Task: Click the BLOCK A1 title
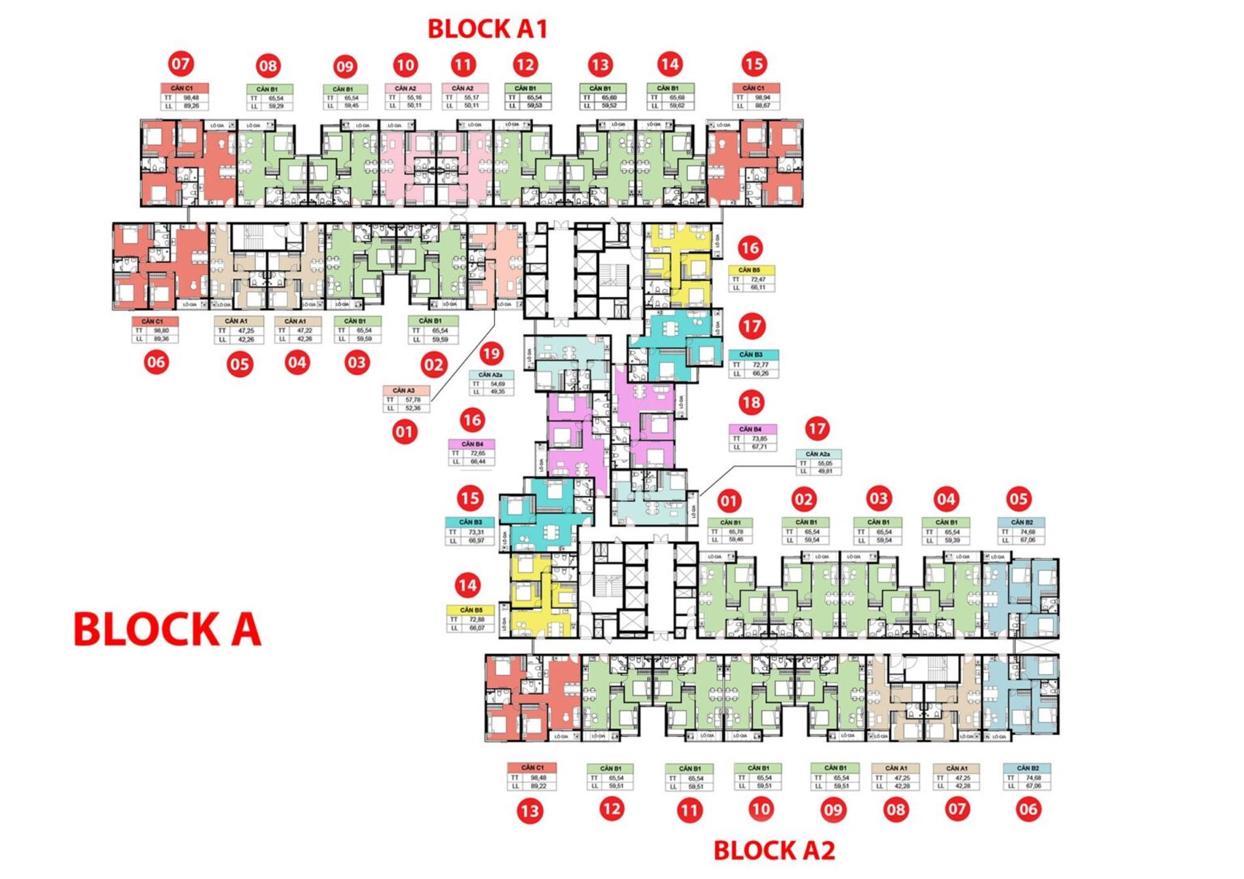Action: pos(486,29)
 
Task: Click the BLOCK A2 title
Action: pos(774,850)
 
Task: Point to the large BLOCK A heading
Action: pos(167,629)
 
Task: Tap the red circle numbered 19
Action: pos(490,354)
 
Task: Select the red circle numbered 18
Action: pos(751,402)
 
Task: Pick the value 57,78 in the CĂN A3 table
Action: pos(412,399)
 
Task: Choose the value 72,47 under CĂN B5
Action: pos(758,279)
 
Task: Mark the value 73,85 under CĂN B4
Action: pos(759,439)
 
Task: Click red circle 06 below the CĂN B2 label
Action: pos(1027,809)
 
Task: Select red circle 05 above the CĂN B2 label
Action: pos(1018,499)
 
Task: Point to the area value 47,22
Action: pos(304,331)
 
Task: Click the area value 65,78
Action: pos(736,532)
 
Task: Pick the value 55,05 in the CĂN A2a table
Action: pos(824,463)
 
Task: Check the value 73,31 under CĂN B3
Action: pos(475,532)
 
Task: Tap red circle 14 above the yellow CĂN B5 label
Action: pos(467,585)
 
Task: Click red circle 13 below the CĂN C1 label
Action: pos(529,812)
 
